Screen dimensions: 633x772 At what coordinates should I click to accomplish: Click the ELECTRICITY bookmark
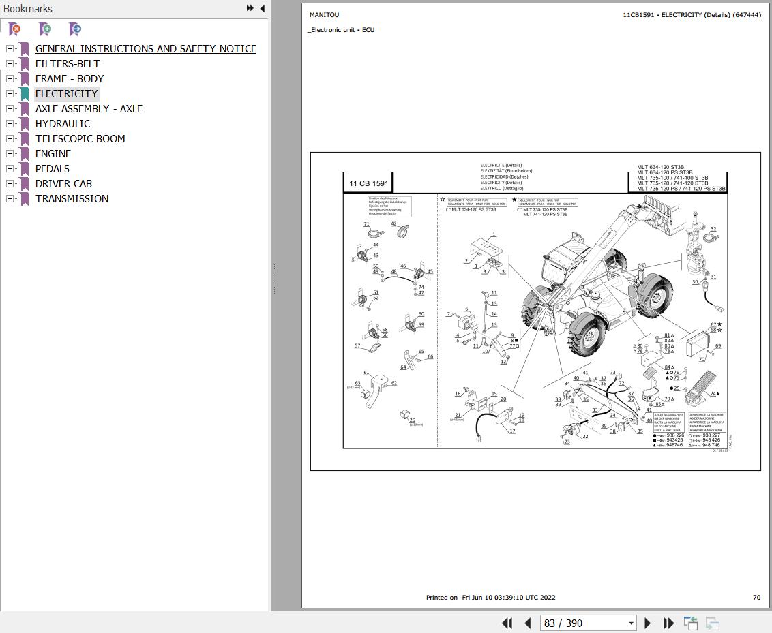66,94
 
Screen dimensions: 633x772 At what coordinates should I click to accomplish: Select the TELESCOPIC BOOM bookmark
80,139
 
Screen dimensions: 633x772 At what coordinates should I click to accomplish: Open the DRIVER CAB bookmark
63,184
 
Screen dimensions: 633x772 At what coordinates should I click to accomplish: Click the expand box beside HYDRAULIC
10,124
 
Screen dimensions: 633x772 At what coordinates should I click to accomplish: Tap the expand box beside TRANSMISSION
10,199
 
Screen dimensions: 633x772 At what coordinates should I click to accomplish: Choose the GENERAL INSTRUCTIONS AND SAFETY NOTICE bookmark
145,49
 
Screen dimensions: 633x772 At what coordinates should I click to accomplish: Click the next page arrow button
648,623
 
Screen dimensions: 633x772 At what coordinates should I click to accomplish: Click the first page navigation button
507,623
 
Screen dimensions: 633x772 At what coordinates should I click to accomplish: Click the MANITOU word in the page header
324,15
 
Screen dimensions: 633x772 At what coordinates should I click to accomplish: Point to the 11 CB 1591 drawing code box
368,183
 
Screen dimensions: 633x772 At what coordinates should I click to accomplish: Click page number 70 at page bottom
756,598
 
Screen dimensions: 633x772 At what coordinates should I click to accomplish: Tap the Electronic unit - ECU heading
342,30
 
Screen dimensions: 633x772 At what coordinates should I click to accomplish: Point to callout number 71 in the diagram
366,224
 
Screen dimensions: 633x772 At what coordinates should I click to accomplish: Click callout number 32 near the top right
713,230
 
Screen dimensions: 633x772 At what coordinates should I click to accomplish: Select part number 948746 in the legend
674,445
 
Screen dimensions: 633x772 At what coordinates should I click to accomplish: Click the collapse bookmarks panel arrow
263,9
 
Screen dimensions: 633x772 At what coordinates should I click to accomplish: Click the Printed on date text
490,598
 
